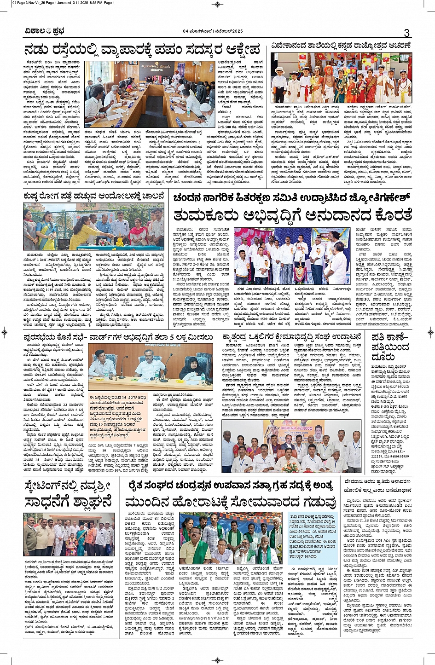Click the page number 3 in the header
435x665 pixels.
point(406,33)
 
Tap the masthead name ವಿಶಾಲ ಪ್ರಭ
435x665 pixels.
point(45,31)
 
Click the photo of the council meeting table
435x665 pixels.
point(150,94)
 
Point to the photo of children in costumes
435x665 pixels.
point(341,77)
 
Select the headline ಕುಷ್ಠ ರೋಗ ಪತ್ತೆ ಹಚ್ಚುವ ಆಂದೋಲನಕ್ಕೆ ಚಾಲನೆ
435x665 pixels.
point(93,197)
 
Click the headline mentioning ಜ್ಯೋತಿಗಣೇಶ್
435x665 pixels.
point(291,198)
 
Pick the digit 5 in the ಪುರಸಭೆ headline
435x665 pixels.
point(173,337)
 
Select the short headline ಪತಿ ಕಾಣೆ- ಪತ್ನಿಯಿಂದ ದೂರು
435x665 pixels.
point(390,347)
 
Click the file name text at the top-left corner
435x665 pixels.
point(64,3)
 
